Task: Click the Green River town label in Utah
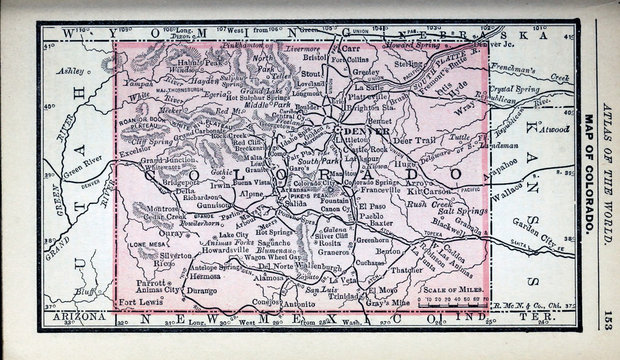pos(77,154)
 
